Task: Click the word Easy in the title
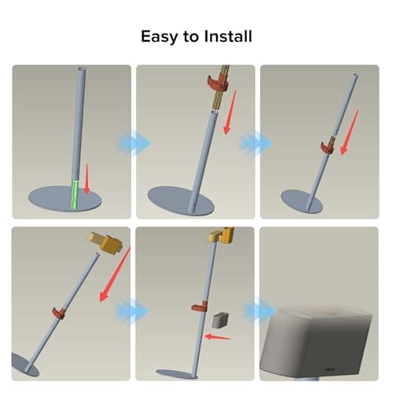coord(160,37)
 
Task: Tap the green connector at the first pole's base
coord(75,194)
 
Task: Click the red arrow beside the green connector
coord(86,179)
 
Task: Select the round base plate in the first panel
coord(64,199)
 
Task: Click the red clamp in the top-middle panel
coord(217,83)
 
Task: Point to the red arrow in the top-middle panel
coord(230,113)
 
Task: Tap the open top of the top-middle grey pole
coord(215,112)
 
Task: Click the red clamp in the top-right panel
coord(327,148)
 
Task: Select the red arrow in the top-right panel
coord(349,133)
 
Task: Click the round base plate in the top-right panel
coord(302,202)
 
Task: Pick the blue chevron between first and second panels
coord(134,143)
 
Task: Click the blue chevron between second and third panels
coord(256,144)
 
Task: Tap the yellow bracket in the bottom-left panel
coord(105,242)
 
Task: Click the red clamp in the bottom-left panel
coord(59,313)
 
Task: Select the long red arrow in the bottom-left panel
coord(115,274)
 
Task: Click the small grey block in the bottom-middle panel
coord(220,320)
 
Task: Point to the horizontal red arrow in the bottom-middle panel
coord(218,337)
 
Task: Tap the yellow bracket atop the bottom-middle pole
coord(221,234)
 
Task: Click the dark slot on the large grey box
coord(330,369)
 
